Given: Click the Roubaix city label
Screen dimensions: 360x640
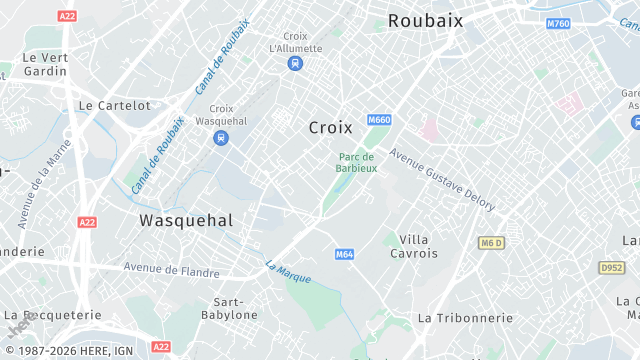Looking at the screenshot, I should click(x=425, y=20).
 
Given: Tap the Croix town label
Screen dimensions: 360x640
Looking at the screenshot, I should click(x=330, y=127).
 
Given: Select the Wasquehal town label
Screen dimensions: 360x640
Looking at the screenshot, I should click(x=186, y=220).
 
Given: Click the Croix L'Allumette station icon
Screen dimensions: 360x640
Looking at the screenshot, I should click(x=295, y=64).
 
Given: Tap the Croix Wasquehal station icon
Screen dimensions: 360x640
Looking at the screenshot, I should click(x=221, y=138).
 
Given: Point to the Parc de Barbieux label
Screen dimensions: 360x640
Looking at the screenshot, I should click(x=356, y=162).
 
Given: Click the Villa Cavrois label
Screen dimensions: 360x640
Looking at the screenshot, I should click(x=413, y=246).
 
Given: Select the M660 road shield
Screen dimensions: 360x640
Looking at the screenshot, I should click(x=379, y=121).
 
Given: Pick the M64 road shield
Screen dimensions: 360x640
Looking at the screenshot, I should click(x=345, y=254).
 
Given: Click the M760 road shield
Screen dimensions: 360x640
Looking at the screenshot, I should click(x=558, y=23).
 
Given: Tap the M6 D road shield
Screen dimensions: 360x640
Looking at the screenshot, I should click(x=490, y=243).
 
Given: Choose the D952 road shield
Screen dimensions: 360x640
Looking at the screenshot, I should click(x=611, y=268).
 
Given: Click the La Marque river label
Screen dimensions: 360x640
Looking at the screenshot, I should click(x=288, y=271).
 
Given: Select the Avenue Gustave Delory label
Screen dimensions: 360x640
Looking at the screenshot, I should click(x=442, y=179).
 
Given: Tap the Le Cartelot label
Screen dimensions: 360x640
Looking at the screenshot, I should click(x=114, y=105).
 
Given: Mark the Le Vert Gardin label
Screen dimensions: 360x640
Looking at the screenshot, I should click(x=46, y=64).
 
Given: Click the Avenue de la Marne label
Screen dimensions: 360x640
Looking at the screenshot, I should click(x=46, y=184).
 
